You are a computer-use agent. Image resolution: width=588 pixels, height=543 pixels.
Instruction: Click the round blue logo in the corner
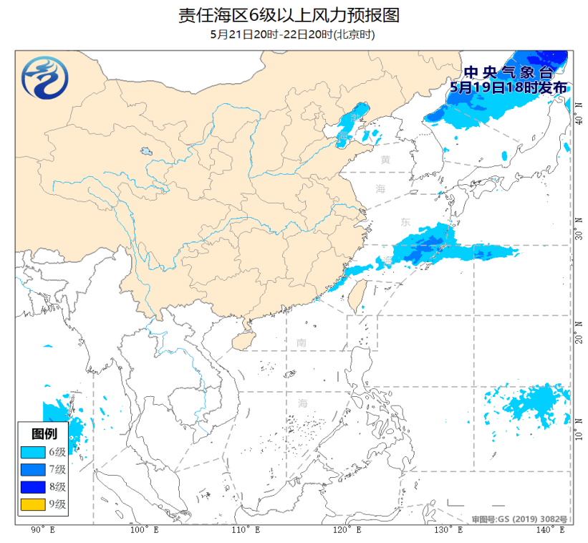point(45,77)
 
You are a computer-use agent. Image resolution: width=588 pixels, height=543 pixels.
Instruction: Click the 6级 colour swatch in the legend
point(32,452)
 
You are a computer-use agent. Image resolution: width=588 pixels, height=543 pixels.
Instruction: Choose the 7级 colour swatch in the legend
point(32,469)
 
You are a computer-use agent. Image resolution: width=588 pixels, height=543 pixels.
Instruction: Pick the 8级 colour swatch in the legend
point(32,486)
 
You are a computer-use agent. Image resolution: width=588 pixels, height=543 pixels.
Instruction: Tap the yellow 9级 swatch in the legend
point(32,504)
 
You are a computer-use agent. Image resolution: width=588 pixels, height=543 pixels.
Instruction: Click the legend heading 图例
point(43,433)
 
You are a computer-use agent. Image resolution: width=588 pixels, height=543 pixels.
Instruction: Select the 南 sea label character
point(302,342)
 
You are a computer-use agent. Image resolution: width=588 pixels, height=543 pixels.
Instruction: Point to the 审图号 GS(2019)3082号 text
point(520,519)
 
